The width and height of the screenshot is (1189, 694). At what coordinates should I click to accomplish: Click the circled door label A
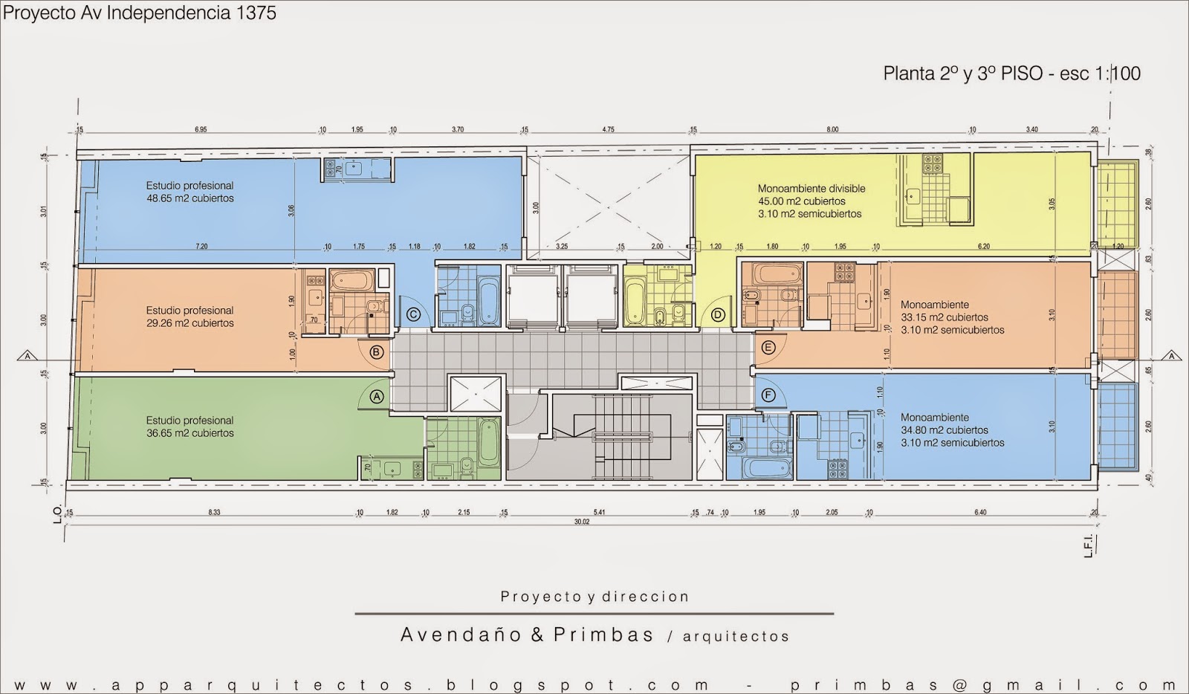click(377, 396)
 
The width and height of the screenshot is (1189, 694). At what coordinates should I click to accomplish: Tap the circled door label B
click(377, 351)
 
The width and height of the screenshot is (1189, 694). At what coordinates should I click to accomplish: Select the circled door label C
click(414, 315)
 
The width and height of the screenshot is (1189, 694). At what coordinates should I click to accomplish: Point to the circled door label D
click(718, 315)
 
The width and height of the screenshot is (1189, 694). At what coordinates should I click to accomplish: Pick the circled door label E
click(768, 347)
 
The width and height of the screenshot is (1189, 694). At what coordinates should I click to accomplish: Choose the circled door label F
click(768, 395)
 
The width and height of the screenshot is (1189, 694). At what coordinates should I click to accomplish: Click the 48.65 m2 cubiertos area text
click(190, 198)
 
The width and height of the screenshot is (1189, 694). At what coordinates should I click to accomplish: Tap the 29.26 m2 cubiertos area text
click(190, 323)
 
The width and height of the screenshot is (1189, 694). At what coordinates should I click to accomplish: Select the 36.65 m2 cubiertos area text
click(190, 433)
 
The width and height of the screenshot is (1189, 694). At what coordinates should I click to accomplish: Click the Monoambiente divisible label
click(811, 189)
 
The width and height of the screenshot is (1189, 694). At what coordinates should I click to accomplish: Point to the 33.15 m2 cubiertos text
click(945, 317)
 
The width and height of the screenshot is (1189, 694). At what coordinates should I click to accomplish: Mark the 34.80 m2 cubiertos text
click(945, 430)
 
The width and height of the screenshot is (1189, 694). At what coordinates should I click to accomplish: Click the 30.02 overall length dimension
click(581, 522)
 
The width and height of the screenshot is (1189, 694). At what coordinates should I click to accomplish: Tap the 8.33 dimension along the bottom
click(215, 513)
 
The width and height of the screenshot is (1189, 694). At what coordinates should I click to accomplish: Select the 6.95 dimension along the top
click(201, 130)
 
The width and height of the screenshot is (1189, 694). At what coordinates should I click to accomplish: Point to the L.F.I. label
click(1088, 544)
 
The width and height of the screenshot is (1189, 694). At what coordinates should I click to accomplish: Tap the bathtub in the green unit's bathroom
click(488, 442)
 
